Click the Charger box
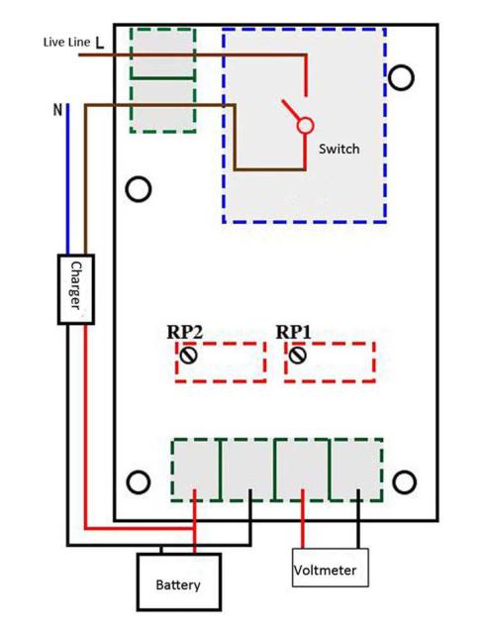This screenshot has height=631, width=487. (x=76, y=289)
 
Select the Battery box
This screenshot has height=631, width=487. (x=178, y=581)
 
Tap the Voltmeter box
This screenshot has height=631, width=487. (x=330, y=568)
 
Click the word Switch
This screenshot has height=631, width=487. (x=339, y=149)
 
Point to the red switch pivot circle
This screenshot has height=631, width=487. (x=305, y=126)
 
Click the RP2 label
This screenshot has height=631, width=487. (x=184, y=333)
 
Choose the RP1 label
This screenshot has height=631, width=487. (x=293, y=333)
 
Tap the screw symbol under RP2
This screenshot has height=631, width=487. (x=188, y=355)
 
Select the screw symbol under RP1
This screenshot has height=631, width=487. (x=298, y=355)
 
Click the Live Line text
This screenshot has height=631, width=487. (x=66, y=43)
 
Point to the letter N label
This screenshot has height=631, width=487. (x=58, y=109)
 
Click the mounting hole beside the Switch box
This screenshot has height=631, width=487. (x=401, y=77)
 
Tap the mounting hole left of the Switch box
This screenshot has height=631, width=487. (x=139, y=189)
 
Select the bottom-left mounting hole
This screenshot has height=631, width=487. (x=139, y=482)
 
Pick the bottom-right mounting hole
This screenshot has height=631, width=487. (x=404, y=482)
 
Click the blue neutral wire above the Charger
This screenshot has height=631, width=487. (x=67, y=179)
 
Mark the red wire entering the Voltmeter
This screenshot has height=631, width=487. (x=303, y=518)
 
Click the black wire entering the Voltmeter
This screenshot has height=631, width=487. (x=358, y=518)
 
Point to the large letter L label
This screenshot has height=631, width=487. (x=100, y=43)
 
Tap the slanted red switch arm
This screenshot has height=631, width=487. (x=291, y=110)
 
